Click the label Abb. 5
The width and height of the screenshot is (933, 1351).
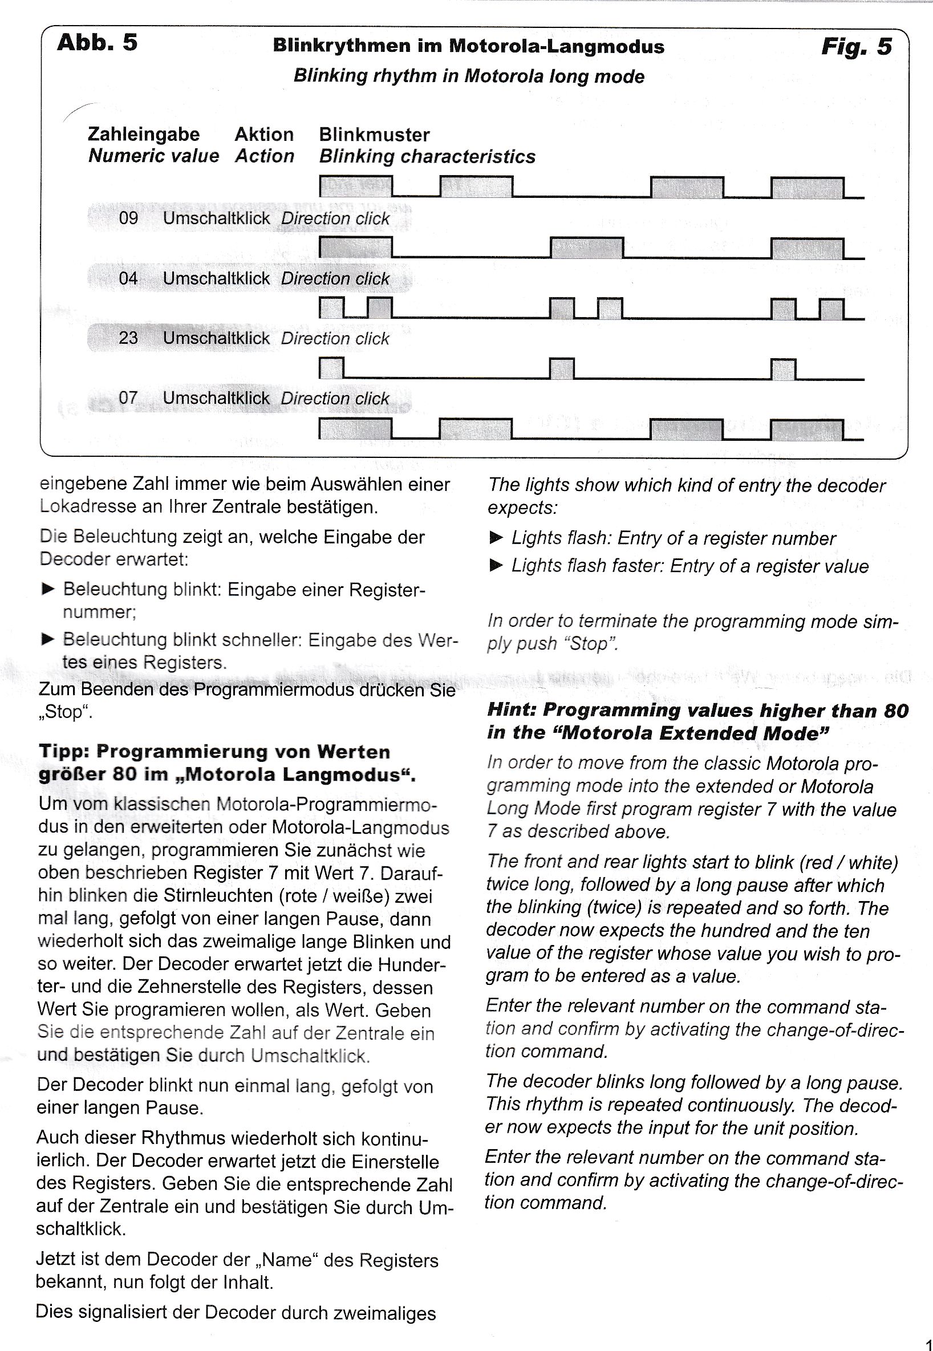coord(97,43)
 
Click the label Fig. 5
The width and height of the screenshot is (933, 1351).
coord(857,47)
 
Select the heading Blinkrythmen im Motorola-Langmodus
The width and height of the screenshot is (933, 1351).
coord(468,47)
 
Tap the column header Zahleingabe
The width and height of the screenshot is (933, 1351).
coord(143,135)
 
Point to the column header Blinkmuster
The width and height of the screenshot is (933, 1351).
coord(374,135)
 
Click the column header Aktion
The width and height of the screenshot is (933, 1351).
coord(264,135)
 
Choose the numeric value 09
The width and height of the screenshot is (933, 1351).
coord(129,218)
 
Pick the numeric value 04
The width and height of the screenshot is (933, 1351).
coord(129,278)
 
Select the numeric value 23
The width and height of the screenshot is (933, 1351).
coord(129,338)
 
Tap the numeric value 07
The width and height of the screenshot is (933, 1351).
coord(129,398)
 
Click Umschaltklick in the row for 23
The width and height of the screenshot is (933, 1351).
coord(216,338)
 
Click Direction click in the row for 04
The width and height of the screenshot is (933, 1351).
coord(335,278)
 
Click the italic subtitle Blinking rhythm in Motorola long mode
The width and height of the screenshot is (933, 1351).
coord(468,76)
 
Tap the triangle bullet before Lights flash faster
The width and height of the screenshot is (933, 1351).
coord(496,565)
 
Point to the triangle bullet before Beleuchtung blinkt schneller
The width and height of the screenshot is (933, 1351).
coord(47,639)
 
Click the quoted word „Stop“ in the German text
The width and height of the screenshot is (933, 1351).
coord(65,713)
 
